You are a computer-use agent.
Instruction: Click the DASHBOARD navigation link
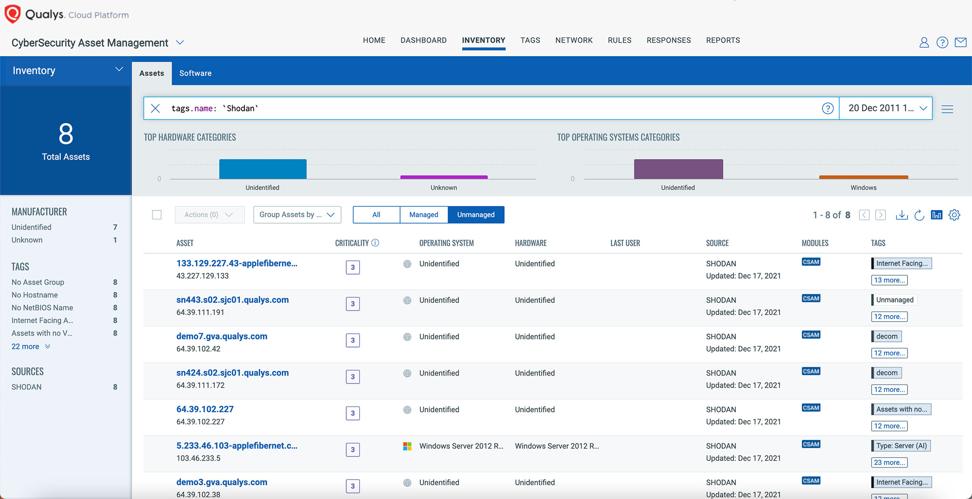pos(423,40)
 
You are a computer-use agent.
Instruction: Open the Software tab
pos(195,73)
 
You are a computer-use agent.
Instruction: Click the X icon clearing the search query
pos(156,108)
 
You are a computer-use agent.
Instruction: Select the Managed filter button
pos(423,215)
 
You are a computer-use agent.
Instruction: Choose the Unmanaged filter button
pos(476,215)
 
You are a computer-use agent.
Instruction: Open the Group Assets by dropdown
pos(297,215)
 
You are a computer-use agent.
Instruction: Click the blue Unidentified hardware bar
pos(263,169)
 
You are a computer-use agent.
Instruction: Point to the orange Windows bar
pos(863,177)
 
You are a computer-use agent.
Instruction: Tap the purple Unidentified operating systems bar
pos(678,169)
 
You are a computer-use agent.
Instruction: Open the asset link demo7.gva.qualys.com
pos(222,336)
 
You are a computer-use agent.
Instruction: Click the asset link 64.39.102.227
pos(205,409)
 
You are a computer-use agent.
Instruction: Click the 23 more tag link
pos(889,463)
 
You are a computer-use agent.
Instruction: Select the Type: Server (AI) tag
pos(901,446)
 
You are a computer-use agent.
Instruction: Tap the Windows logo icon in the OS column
pos(407,446)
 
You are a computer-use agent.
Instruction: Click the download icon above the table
pos(901,215)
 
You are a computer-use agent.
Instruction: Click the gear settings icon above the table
pos(954,215)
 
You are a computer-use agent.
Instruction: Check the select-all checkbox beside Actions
pos(157,215)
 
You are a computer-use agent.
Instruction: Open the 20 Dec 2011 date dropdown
pos(886,108)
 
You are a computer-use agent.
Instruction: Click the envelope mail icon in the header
pos(960,43)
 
